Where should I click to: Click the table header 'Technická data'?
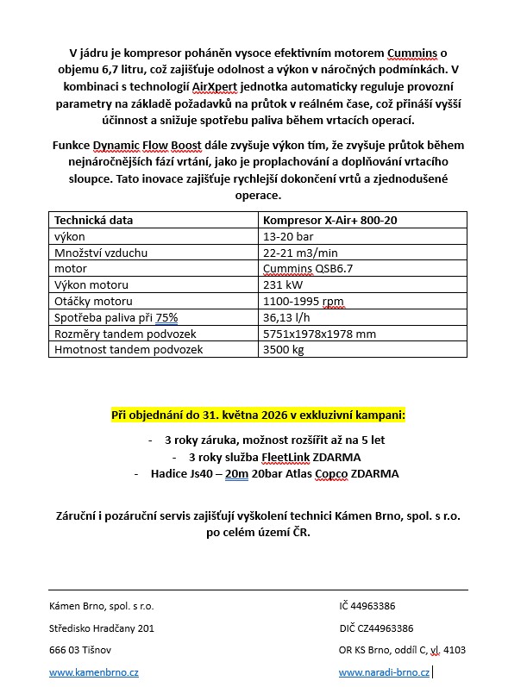point(94,220)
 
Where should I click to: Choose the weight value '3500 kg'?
point(284,350)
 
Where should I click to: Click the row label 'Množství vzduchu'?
point(101,253)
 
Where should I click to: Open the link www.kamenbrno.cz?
point(94,671)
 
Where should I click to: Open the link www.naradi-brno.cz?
point(384,671)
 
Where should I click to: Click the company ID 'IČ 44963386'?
point(368,606)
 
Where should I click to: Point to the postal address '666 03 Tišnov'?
point(80,649)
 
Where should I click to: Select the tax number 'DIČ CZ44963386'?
point(376,628)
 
